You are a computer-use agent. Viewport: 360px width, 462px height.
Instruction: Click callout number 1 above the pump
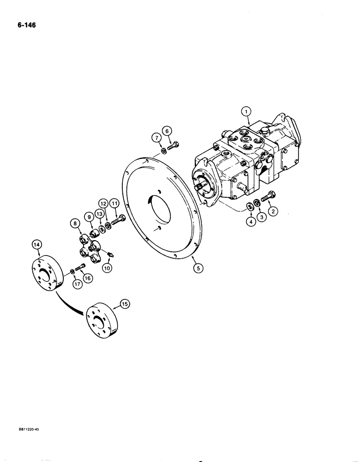(246, 111)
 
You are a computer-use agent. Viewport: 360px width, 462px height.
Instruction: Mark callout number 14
(37, 244)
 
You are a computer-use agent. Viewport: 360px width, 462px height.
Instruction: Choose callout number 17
(77, 284)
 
